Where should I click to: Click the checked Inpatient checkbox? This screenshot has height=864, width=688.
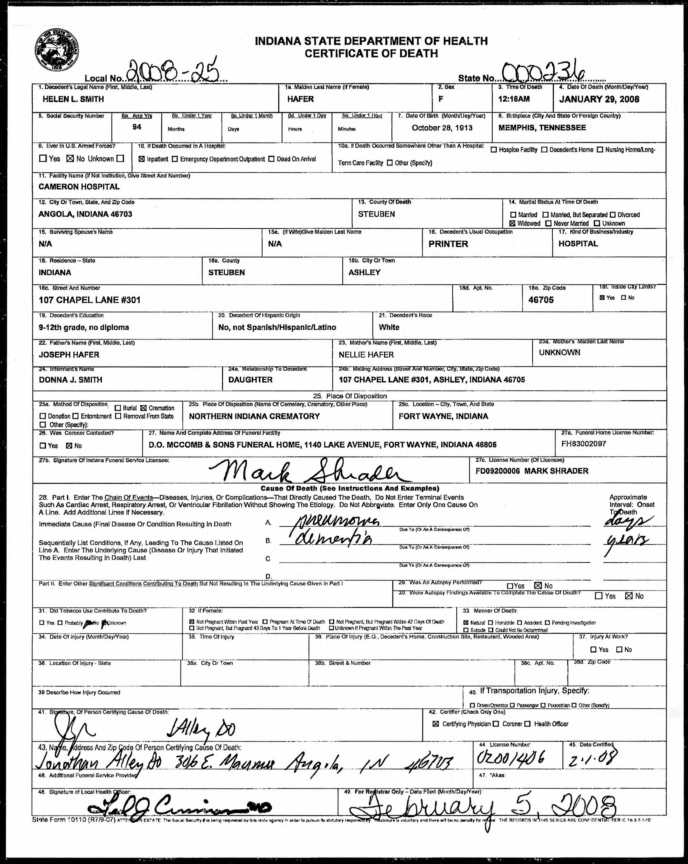141,159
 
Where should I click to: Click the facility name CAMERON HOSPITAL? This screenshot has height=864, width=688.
79,187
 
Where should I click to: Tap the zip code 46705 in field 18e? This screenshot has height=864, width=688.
541,300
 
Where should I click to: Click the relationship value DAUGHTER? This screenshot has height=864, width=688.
251,380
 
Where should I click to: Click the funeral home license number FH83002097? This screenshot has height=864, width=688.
583,444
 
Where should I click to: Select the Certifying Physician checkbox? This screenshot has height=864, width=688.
436,724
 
